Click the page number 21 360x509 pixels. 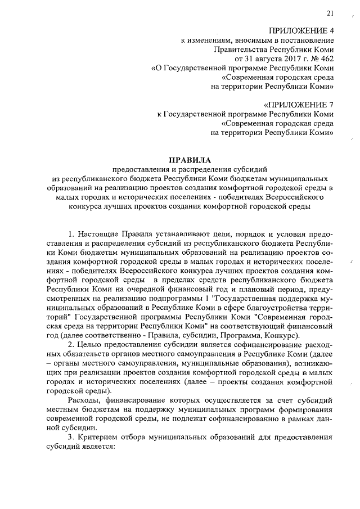[x=330, y=13]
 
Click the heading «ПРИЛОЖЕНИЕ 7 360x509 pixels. [x=299, y=105]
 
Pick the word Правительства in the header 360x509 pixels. [x=240, y=49]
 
